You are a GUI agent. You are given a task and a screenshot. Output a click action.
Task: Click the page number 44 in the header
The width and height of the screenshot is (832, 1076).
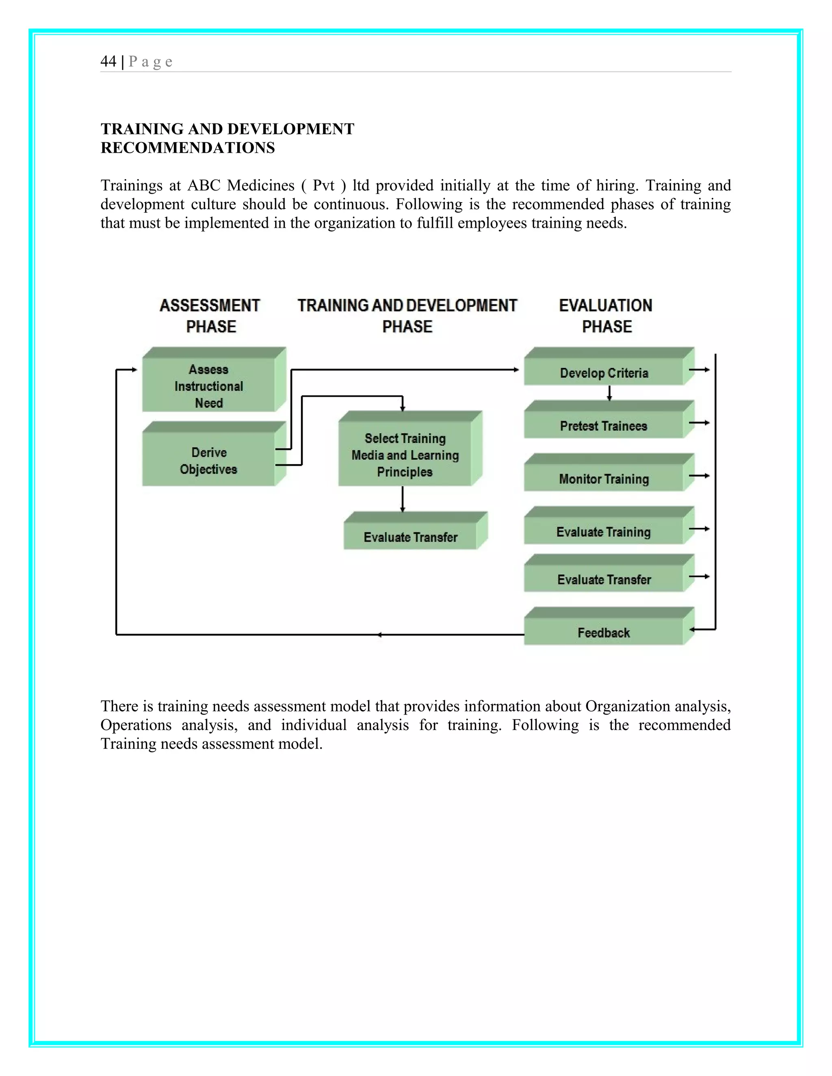108,62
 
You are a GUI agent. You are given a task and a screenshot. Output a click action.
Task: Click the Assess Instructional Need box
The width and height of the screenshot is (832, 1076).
208,386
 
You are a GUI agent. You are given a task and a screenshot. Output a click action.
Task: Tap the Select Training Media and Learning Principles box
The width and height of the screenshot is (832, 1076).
405,455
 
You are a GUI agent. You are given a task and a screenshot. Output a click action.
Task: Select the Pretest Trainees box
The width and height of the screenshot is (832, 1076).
603,426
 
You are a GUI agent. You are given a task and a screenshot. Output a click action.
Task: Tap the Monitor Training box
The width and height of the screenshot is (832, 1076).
604,478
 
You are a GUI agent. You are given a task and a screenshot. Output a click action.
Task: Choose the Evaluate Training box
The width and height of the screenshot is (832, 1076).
603,532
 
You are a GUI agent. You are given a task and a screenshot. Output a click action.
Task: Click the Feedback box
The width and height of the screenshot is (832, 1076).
603,632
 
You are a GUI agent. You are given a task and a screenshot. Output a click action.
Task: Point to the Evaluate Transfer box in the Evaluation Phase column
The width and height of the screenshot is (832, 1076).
604,579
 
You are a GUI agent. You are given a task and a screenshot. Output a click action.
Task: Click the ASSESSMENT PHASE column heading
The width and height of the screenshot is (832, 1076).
210,316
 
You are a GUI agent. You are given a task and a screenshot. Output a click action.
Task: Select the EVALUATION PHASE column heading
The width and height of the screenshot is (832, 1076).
606,316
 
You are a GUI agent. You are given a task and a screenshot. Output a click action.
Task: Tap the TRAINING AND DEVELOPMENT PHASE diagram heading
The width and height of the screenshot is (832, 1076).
407,316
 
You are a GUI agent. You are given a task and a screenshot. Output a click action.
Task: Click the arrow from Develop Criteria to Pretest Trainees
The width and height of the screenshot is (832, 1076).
609,393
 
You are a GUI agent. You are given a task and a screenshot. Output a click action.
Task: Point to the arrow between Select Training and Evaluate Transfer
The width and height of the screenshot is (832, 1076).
402,499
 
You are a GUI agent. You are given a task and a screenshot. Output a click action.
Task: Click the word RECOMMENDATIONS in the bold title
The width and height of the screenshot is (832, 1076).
188,148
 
